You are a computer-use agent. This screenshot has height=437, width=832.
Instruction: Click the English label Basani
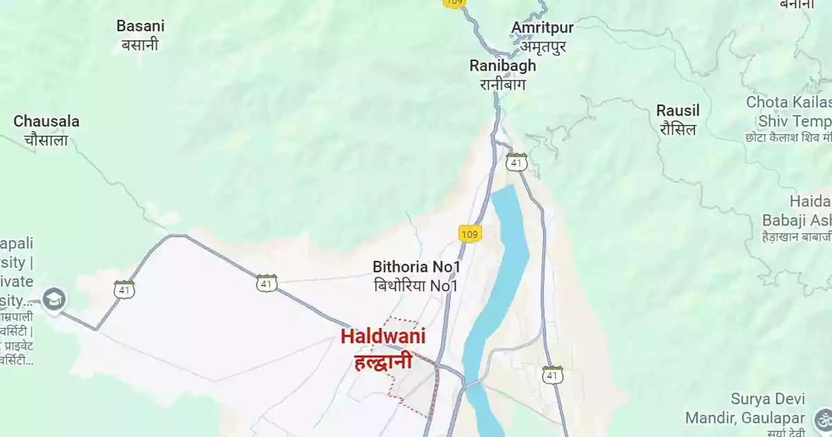coord(141,26)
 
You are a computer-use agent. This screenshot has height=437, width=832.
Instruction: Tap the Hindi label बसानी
coord(141,45)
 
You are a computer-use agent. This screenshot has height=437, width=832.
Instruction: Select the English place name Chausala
coord(46,121)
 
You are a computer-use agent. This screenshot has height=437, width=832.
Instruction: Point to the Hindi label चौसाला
coord(46,140)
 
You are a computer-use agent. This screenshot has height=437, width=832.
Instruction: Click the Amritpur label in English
coord(543,28)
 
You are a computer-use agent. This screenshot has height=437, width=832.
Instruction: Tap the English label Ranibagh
coord(503,66)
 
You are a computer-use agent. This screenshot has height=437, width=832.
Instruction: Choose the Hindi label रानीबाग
coord(503,85)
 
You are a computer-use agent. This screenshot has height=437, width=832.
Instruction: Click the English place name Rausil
coord(678,110)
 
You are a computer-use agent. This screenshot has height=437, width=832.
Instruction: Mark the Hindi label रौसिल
coord(678,129)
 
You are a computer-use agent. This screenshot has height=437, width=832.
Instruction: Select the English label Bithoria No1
coord(417,266)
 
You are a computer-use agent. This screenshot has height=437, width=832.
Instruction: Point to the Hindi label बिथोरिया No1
coord(417,285)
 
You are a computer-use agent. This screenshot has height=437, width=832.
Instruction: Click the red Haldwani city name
coord(383,336)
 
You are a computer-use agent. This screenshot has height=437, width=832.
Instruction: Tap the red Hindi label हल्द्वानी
coord(383,361)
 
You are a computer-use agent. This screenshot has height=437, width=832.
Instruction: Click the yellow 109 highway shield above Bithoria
coord(469,233)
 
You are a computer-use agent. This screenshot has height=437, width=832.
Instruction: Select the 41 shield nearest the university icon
coord(125,289)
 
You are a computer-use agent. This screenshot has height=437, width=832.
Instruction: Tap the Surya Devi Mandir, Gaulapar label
coord(745,409)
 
